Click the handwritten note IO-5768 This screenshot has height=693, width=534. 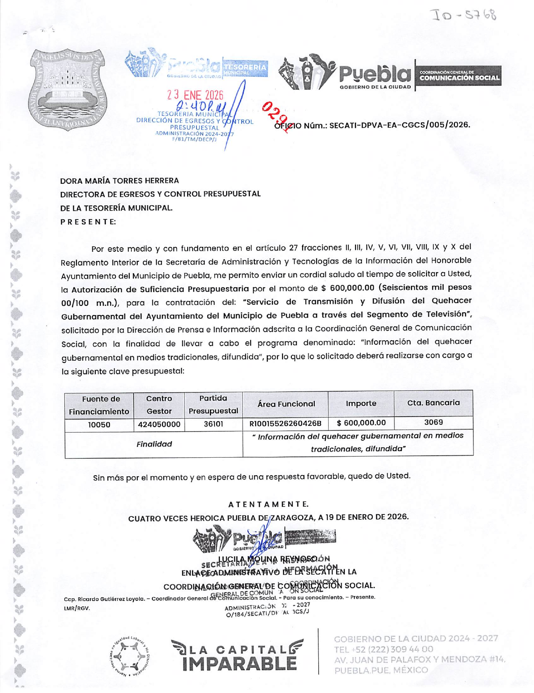[465, 16]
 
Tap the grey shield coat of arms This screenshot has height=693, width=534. [68, 89]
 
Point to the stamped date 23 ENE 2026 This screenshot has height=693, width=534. [195, 96]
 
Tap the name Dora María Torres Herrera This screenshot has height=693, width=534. [120, 181]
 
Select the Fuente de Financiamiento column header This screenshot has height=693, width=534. [99, 405]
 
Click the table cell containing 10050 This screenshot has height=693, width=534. [99, 425]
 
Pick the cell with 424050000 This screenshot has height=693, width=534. [159, 425]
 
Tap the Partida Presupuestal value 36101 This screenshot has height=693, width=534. [213, 424]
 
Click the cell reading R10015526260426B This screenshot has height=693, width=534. [285, 423]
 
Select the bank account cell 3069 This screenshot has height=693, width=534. [433, 422]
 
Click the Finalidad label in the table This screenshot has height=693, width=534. [154, 444]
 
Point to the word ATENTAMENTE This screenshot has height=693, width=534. [268, 504]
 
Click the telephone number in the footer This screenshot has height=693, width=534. [384, 649]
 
